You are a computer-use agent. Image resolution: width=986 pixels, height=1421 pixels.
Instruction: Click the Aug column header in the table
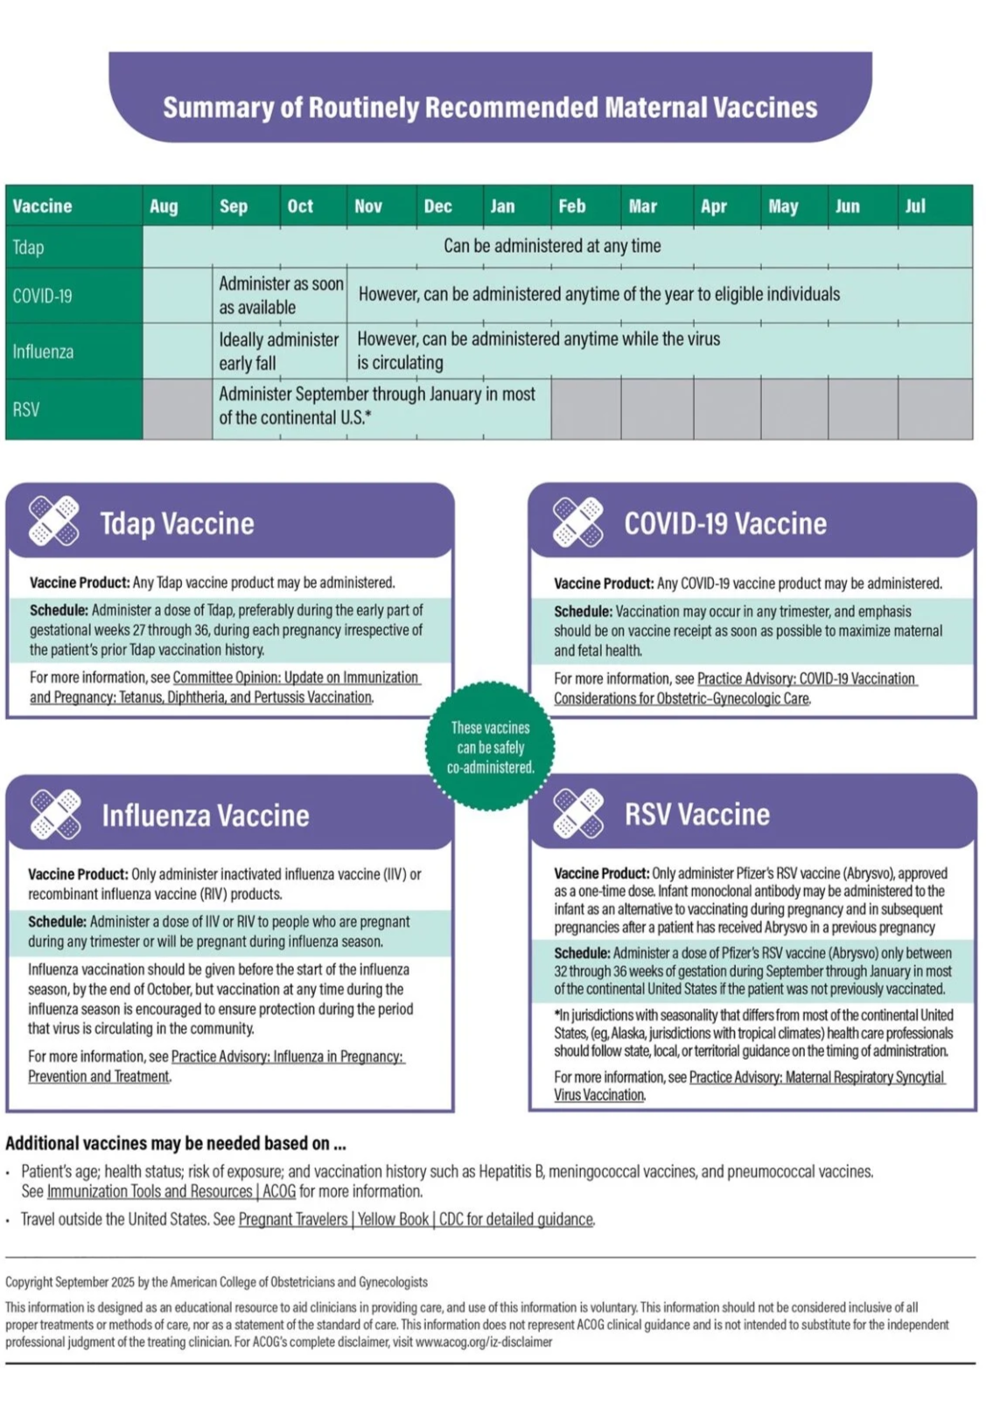(x=164, y=206)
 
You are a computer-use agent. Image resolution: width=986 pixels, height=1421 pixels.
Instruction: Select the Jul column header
(x=915, y=206)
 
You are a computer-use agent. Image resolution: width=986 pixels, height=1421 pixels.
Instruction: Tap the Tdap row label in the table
(x=28, y=247)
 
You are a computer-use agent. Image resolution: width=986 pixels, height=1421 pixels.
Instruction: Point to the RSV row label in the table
(x=26, y=409)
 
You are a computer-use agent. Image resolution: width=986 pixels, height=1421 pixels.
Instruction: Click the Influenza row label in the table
(x=43, y=352)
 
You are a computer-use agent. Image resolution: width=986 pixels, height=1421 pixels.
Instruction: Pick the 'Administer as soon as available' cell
(x=280, y=296)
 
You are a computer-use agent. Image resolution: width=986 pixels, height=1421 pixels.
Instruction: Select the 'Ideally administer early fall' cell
(x=278, y=351)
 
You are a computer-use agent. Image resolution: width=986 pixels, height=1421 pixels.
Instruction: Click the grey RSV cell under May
(x=794, y=408)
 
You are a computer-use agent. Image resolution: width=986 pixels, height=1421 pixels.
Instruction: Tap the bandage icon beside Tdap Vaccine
(x=54, y=521)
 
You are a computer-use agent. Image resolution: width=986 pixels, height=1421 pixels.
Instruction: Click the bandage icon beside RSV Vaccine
(x=578, y=813)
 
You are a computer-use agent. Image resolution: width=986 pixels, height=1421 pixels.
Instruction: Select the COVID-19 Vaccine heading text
(x=724, y=523)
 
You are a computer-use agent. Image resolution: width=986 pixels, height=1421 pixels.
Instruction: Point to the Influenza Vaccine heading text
(x=206, y=815)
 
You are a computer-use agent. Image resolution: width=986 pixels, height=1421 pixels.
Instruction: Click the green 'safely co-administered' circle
(x=490, y=747)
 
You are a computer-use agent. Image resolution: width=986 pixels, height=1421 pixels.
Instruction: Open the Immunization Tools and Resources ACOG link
(x=171, y=1191)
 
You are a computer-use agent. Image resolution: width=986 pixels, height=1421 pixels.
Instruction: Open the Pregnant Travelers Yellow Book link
(x=416, y=1219)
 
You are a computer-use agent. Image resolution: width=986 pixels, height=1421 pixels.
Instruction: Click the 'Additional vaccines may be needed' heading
(x=176, y=1143)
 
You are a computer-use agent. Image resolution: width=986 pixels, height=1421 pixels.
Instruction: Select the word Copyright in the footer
(x=29, y=1282)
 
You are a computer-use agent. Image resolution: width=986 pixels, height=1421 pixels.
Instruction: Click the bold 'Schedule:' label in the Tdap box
(x=59, y=609)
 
